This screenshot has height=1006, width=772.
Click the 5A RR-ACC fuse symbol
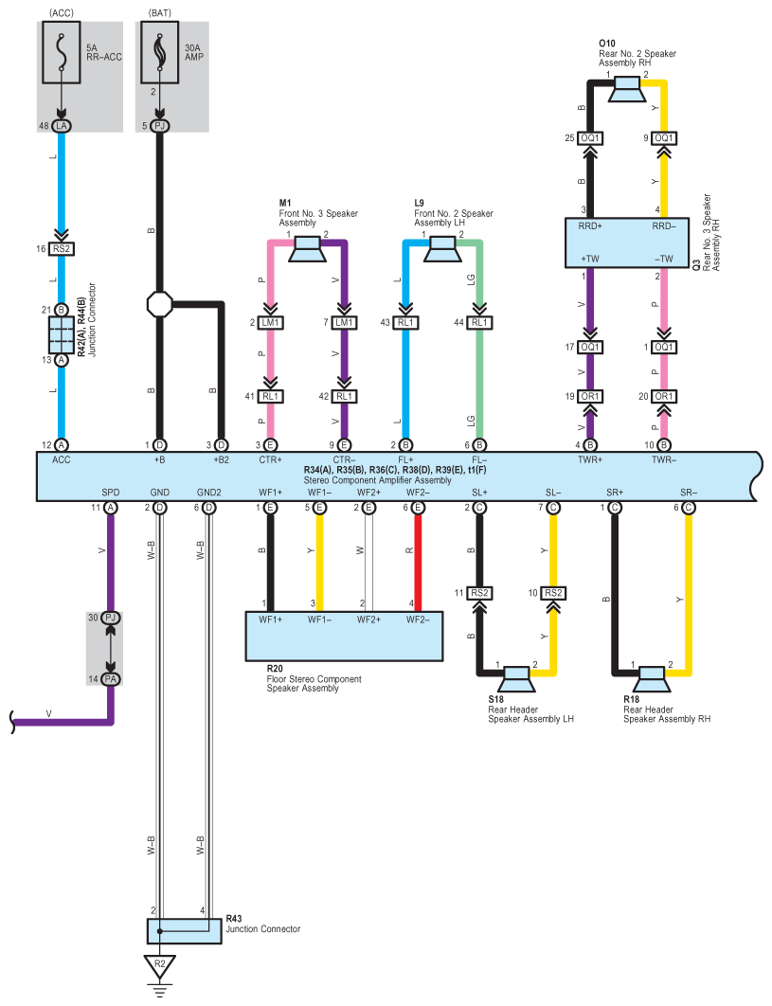pyautogui.click(x=62, y=53)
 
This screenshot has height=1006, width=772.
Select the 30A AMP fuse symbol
pyautogui.click(x=160, y=53)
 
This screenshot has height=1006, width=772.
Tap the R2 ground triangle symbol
pyautogui.click(x=160, y=966)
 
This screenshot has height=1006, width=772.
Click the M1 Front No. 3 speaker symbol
pyautogui.click(x=308, y=249)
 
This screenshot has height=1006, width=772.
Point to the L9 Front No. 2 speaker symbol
pyautogui.click(x=442, y=249)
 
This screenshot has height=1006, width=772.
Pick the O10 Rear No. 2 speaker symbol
pyautogui.click(x=627, y=89)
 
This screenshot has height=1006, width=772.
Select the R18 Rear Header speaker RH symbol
pyautogui.click(x=651, y=679)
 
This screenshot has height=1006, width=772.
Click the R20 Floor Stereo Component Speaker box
pyautogui.click(x=345, y=636)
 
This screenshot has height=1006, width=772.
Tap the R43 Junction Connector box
pyautogui.click(x=185, y=931)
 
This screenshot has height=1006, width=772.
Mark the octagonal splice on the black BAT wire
pyautogui.click(x=160, y=304)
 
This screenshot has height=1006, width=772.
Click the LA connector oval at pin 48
pyautogui.click(x=62, y=126)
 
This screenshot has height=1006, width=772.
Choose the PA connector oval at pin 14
pyautogui.click(x=111, y=679)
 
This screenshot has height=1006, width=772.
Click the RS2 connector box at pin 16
pyautogui.click(x=62, y=249)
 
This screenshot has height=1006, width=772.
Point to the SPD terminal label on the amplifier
pyautogui.click(x=111, y=492)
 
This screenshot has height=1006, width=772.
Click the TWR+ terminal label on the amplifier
pyautogui.click(x=590, y=460)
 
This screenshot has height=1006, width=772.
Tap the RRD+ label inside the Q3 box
pyautogui.click(x=590, y=225)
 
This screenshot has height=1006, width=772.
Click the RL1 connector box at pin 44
pyautogui.click(x=479, y=323)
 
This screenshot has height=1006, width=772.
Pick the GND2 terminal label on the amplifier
pyautogui.click(x=208, y=492)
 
